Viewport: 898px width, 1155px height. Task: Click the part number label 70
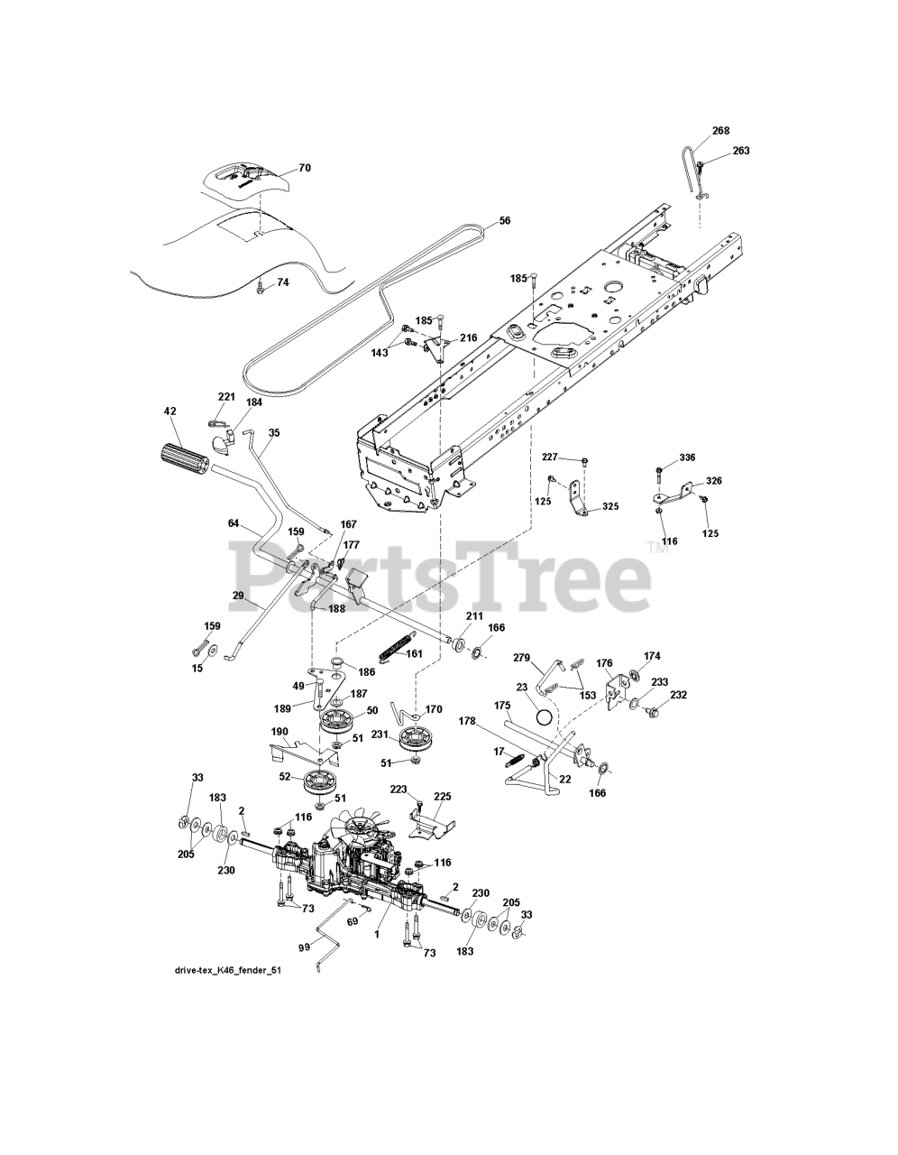click(x=279, y=168)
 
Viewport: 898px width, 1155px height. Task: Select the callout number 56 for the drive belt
click(x=504, y=220)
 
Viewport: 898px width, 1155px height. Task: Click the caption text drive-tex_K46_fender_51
click(x=233, y=971)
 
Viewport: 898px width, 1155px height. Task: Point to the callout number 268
click(x=720, y=131)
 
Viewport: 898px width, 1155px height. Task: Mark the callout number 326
click(x=713, y=481)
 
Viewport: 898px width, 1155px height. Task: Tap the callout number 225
click(x=442, y=797)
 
